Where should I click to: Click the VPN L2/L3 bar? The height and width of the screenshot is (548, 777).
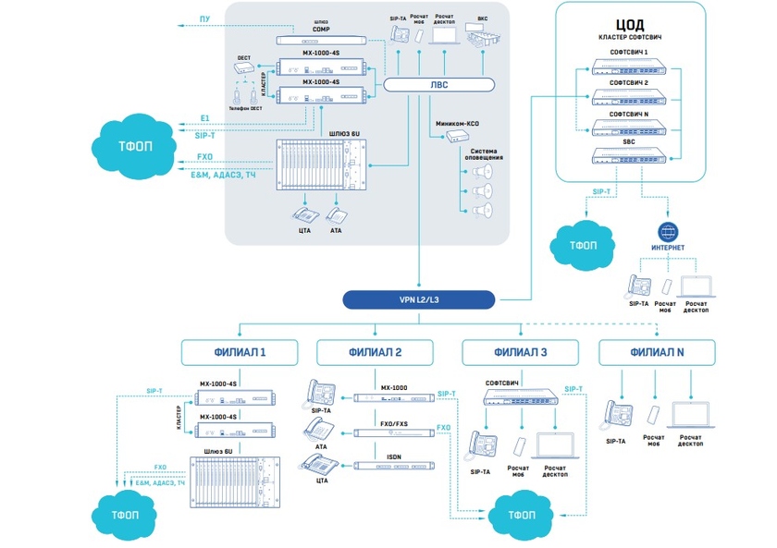(419, 298)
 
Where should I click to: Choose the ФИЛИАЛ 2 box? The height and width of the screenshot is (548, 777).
(375, 352)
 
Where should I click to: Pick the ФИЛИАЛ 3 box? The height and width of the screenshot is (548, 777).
(520, 352)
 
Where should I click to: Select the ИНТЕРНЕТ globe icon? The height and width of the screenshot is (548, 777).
(668, 230)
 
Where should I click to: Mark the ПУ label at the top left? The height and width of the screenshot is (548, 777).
(205, 18)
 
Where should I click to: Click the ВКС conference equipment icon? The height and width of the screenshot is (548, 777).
(482, 37)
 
